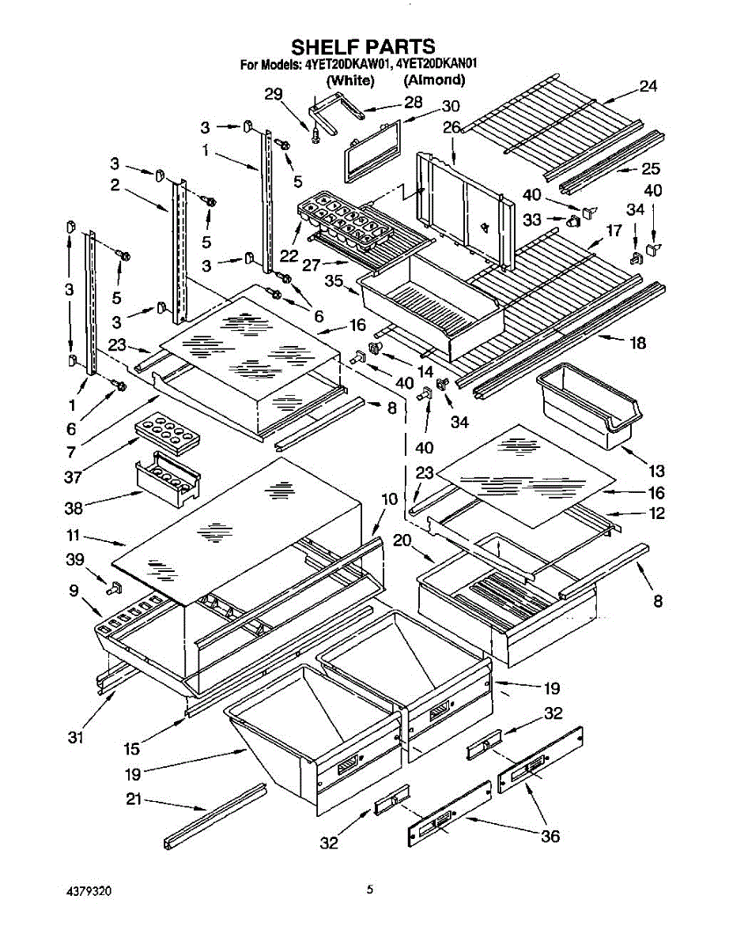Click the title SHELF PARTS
363,46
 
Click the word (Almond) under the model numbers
434,80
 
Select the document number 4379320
89,891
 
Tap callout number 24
648,86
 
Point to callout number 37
73,476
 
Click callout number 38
74,508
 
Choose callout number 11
73,536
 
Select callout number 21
133,799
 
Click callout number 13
656,472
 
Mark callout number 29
274,94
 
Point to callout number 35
334,280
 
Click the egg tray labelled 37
167,431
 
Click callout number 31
75,737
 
